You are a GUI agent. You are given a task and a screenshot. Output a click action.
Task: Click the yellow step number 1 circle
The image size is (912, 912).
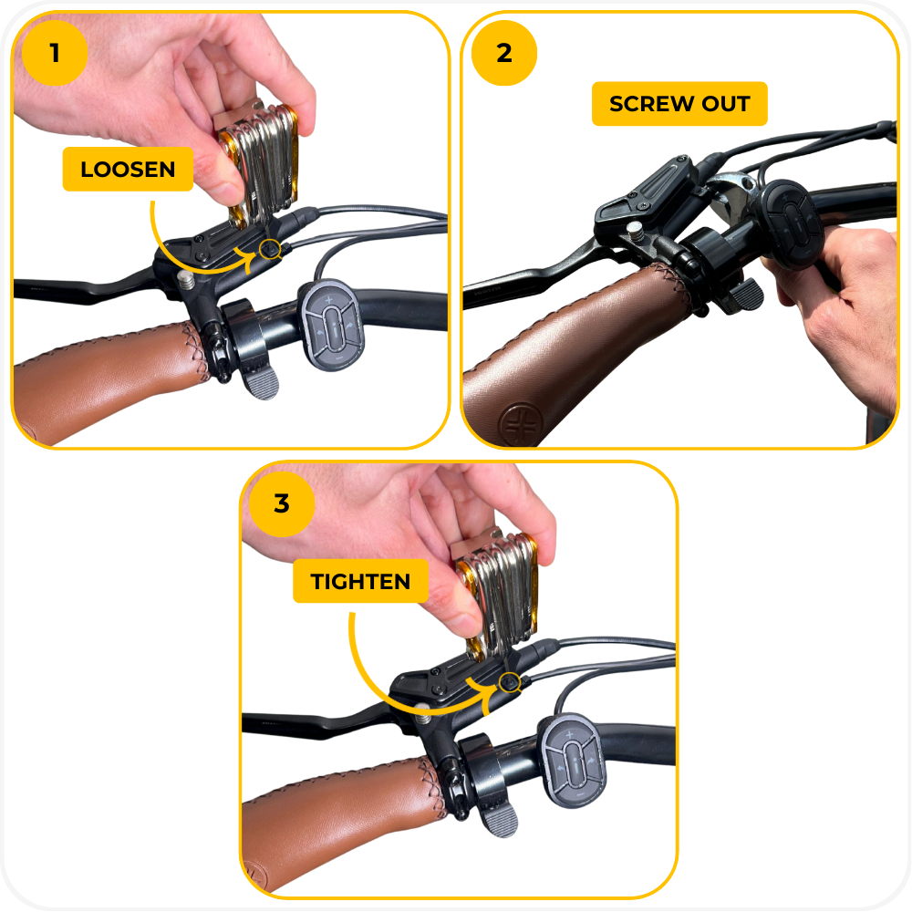pos(55,53)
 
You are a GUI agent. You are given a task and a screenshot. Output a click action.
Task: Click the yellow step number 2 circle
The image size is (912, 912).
pos(504,53)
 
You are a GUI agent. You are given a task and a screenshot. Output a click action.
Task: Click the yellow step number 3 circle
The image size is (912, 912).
pos(282,503)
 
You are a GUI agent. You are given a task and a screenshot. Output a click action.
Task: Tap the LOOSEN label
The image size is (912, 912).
pos(128,170)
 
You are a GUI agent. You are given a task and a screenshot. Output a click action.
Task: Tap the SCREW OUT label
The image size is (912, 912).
pos(679,104)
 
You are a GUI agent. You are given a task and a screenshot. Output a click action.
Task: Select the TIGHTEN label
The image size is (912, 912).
pos(360,581)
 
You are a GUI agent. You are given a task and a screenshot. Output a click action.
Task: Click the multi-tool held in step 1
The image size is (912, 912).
pos(259,163)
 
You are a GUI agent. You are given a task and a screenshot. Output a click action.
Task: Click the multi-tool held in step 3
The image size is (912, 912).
pos(497,594)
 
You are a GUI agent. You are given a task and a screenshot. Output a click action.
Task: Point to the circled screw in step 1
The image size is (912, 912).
pos(270,250)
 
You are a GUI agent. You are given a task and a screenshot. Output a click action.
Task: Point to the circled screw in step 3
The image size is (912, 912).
pos(510,681)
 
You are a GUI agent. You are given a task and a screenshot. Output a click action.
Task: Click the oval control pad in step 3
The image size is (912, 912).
pos(573,761)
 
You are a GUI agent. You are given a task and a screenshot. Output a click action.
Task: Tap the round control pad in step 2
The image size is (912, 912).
pos(792,224)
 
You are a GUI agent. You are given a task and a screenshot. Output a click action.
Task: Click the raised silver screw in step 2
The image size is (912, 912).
pos(636,232)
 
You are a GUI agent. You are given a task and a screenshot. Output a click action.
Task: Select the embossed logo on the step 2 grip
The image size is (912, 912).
pos(521,423)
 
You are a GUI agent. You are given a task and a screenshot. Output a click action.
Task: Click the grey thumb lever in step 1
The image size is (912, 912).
pos(260,383)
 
